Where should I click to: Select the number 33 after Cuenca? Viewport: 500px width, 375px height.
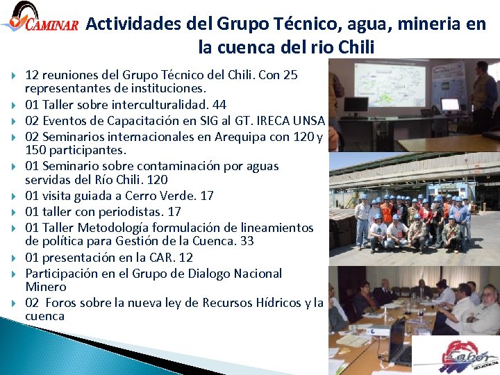[247, 241]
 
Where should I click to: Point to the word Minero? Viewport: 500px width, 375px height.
[46, 287]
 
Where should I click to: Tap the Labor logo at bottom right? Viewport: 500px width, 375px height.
[456, 355]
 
